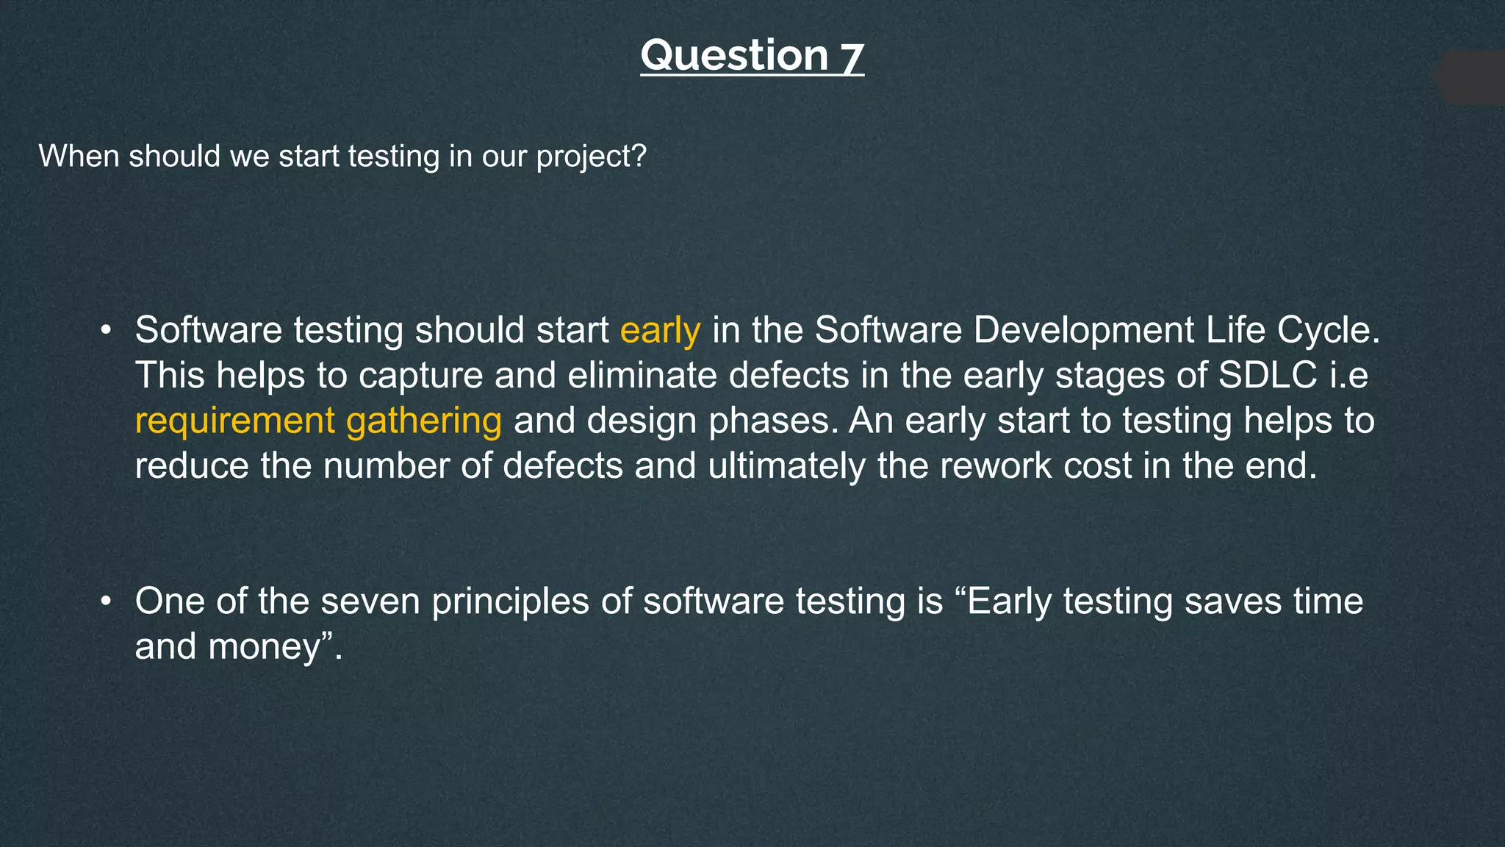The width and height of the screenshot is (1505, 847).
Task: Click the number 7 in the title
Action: coord(851,57)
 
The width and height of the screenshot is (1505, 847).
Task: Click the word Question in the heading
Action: coord(734,56)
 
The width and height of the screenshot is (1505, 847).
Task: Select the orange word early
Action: coord(660,331)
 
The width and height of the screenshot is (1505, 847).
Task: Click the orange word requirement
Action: coord(234,422)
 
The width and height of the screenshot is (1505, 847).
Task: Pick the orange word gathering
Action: coord(424,422)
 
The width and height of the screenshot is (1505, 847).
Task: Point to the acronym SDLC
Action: coord(1267,376)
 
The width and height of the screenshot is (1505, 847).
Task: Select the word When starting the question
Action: coord(80,157)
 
